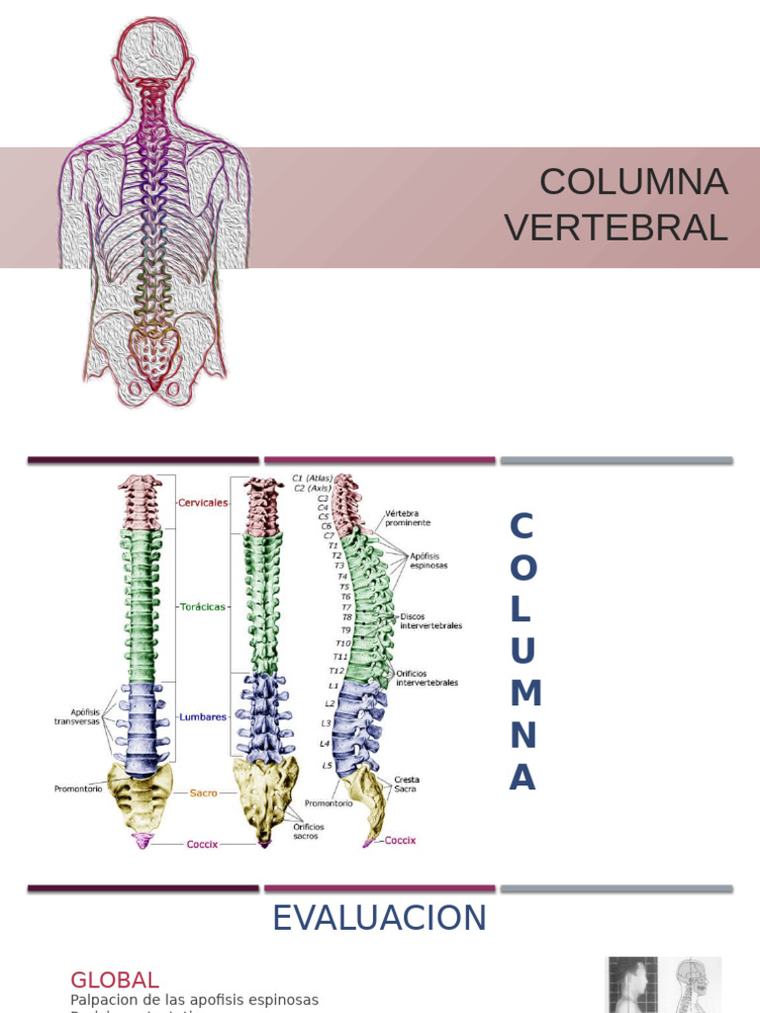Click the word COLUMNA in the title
point(633,182)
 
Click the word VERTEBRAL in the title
point(616,228)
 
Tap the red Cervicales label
point(203,503)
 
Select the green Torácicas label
point(203,606)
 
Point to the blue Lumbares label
point(203,717)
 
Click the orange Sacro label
point(203,793)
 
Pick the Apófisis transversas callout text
point(77,716)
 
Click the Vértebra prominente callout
point(408,517)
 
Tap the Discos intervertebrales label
point(430,620)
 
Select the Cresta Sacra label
point(406,783)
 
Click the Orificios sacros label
point(308,831)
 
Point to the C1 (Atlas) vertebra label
point(313,478)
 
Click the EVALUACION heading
point(379,918)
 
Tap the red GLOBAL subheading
point(115,980)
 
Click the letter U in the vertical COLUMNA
point(522,651)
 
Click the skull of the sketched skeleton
point(152,47)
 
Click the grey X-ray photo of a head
point(633,984)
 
